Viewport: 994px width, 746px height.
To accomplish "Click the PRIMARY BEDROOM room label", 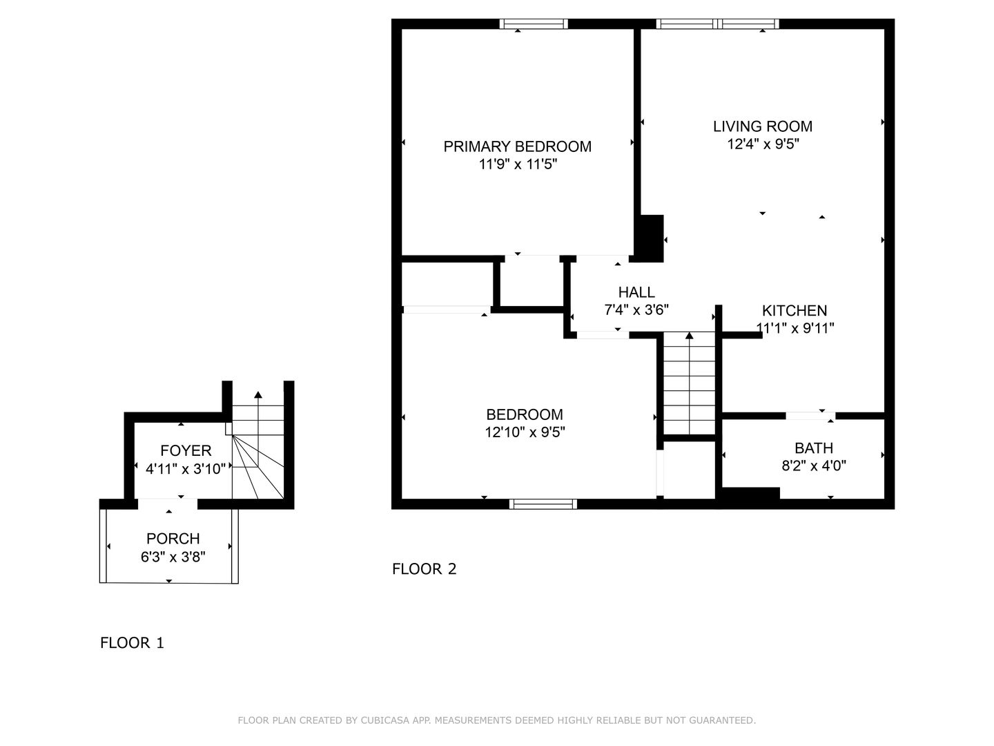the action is pyautogui.click(x=517, y=146).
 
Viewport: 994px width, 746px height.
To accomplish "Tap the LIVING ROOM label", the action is pyautogui.click(x=763, y=126).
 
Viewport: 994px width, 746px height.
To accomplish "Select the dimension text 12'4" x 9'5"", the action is pyautogui.click(x=763, y=144).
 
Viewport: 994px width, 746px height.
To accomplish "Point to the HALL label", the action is pyautogui.click(x=636, y=292).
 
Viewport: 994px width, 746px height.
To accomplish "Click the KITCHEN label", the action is pyautogui.click(x=795, y=311).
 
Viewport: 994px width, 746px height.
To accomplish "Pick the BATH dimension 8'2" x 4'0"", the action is pyautogui.click(x=814, y=466).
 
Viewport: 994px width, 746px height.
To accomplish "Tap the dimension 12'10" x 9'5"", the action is pyautogui.click(x=525, y=432).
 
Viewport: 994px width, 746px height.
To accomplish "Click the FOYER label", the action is pyautogui.click(x=186, y=450).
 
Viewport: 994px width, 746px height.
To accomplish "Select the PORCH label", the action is pyautogui.click(x=173, y=539).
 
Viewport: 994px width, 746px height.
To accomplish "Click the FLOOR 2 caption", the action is pyautogui.click(x=425, y=569).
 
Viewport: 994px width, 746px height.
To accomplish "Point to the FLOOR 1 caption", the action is pyautogui.click(x=132, y=642).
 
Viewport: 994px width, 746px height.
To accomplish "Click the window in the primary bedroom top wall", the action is pyautogui.click(x=534, y=24).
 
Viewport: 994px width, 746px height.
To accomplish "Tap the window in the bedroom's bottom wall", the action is pyautogui.click(x=543, y=504).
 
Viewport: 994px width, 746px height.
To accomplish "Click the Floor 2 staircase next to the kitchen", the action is pyautogui.click(x=689, y=383).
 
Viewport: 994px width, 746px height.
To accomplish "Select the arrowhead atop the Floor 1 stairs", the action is pyautogui.click(x=258, y=394).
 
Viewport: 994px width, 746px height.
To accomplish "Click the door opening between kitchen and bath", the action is pyautogui.click(x=810, y=416).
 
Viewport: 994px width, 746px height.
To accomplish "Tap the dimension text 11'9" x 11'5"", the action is pyautogui.click(x=518, y=164).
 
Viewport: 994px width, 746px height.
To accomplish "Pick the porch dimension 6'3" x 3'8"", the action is pyautogui.click(x=173, y=557).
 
